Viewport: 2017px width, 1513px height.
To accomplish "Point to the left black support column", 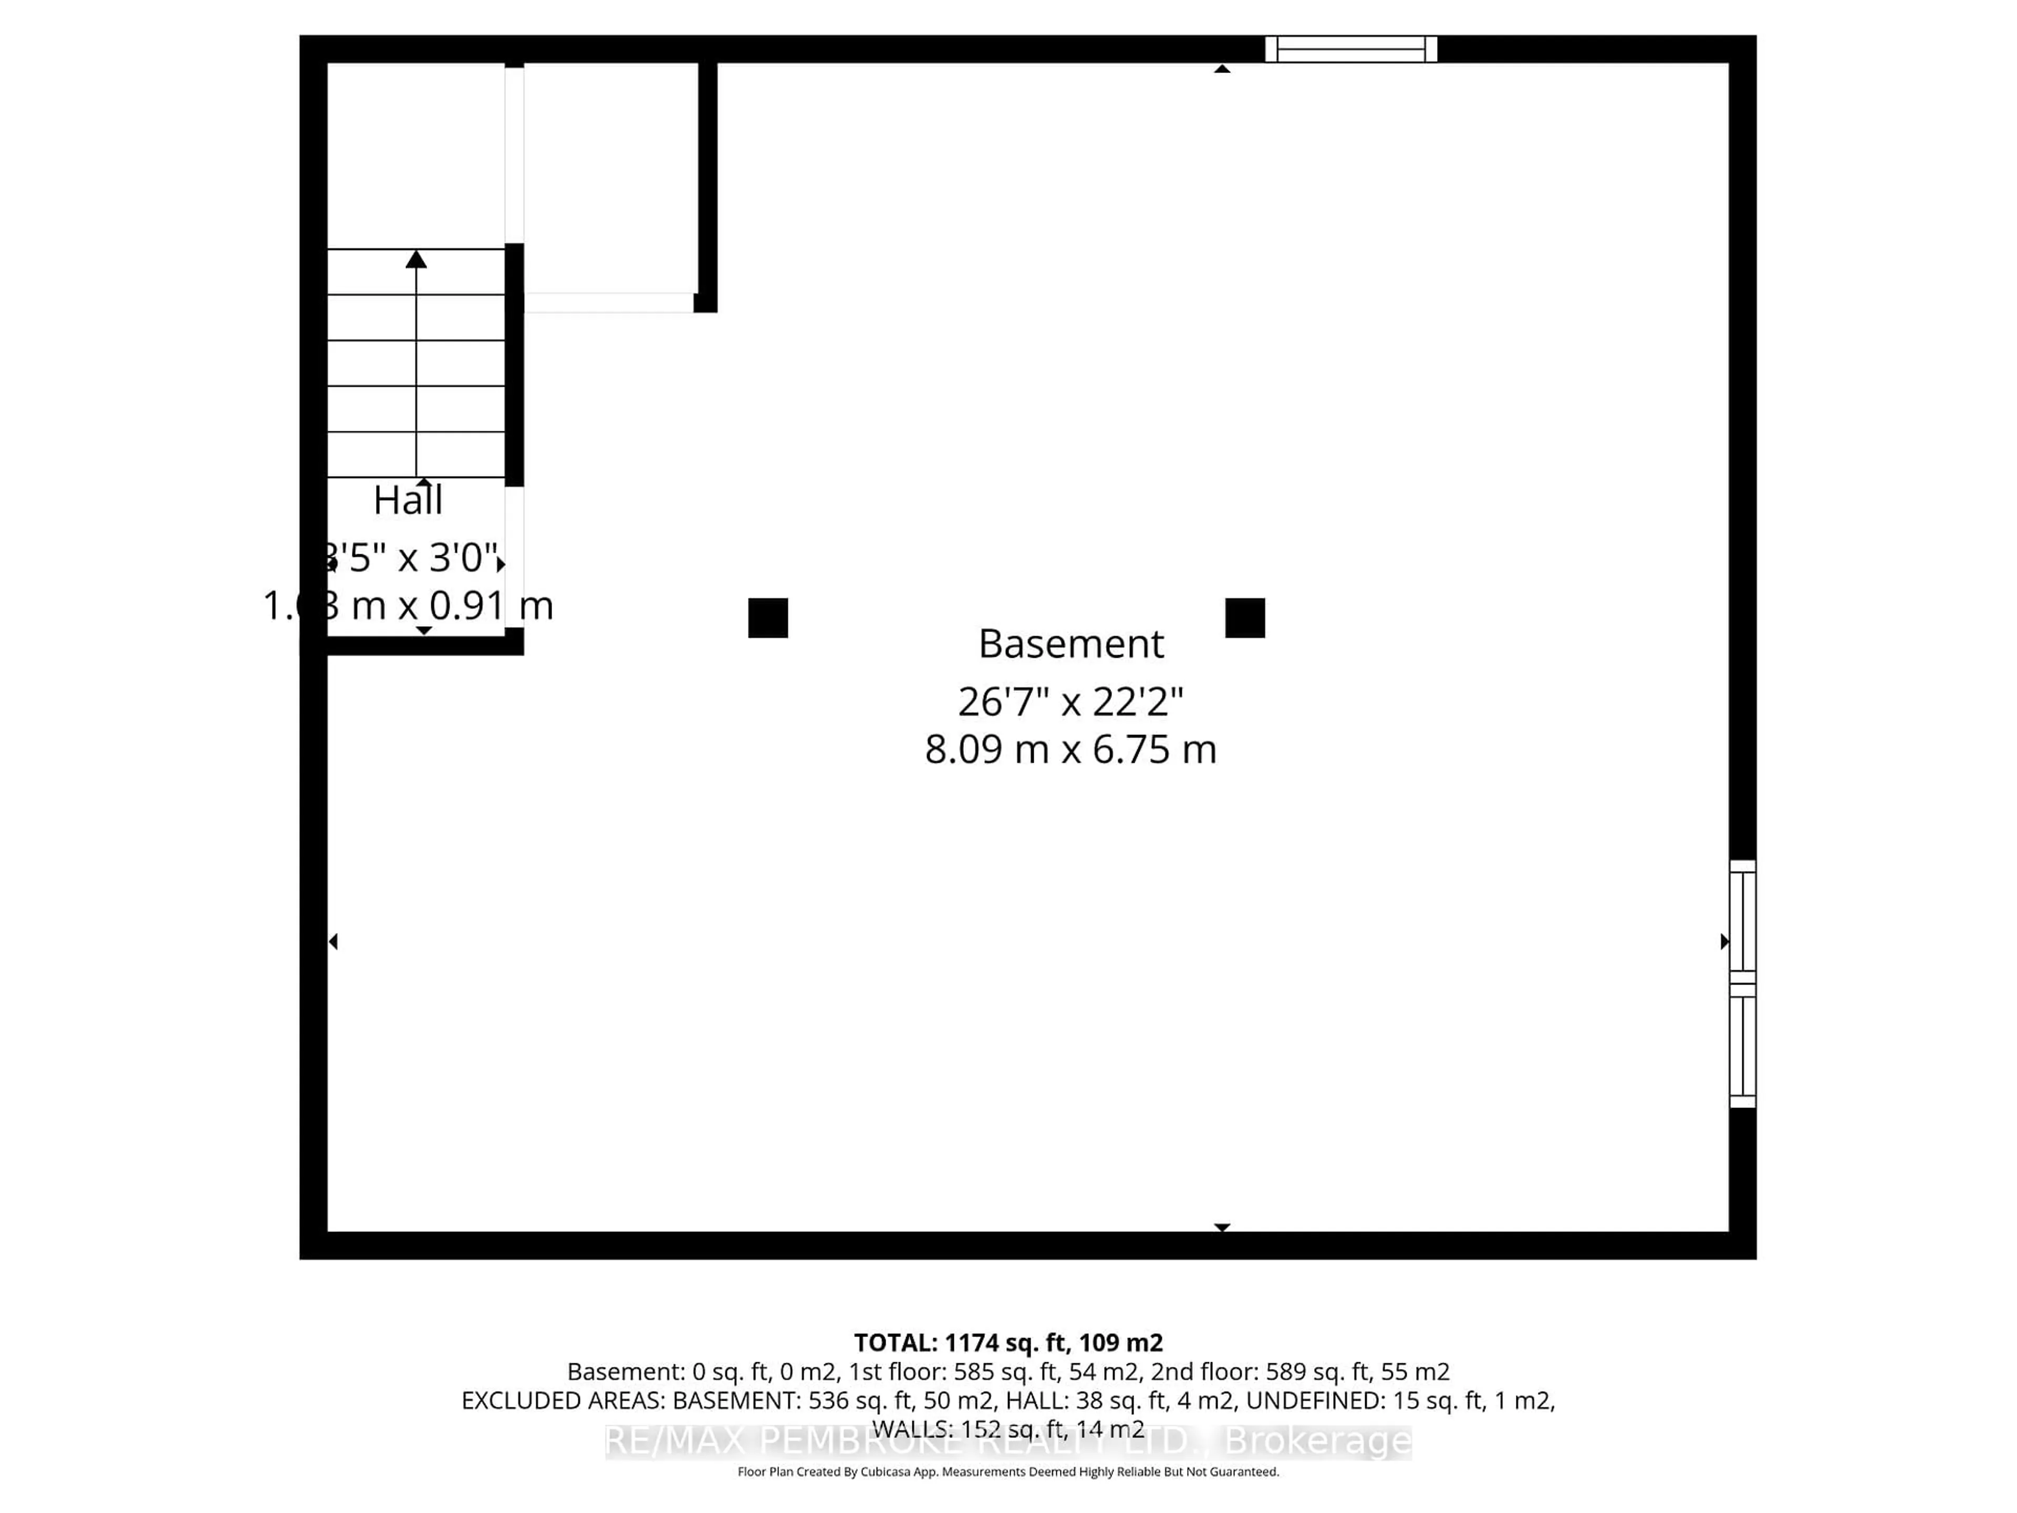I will coord(768,618).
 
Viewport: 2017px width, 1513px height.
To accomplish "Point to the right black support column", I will coord(1245,618).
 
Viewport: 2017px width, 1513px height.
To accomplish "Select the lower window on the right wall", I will coord(1742,1045).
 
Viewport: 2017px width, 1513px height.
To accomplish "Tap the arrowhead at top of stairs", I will coord(417,260).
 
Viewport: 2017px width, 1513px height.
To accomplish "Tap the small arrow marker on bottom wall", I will coord(1222,1228).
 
